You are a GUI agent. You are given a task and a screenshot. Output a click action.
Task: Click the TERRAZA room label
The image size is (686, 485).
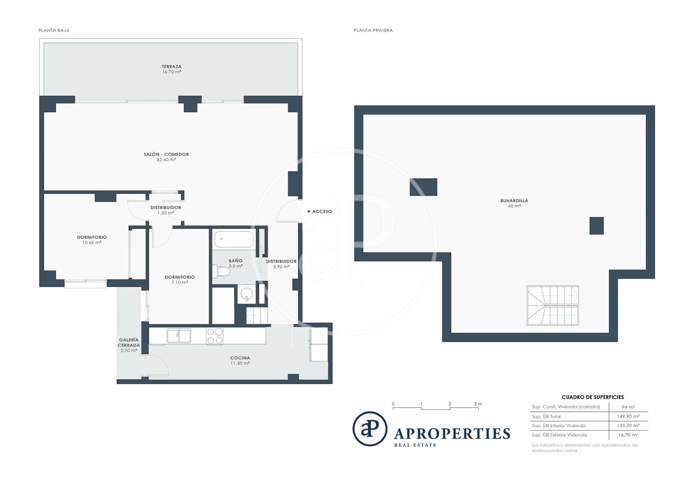[171, 67]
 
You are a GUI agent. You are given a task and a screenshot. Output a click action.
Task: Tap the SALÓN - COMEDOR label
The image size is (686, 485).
[166, 154]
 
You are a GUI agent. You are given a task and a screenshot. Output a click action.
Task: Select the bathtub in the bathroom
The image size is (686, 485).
[234, 239]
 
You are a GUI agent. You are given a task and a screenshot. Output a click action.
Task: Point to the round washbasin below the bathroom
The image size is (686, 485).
[246, 294]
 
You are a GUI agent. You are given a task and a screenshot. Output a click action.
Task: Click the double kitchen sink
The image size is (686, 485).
[179, 335]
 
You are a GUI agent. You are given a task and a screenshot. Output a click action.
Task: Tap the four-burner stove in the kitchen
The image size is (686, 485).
[215, 336]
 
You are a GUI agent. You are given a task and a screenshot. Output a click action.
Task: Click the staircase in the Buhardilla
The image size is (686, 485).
[553, 306]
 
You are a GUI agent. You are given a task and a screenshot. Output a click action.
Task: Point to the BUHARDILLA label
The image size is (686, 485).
[514, 201]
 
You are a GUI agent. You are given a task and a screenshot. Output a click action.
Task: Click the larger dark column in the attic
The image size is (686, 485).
[423, 187]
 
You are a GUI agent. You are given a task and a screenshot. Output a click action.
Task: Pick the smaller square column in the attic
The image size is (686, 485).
[597, 226]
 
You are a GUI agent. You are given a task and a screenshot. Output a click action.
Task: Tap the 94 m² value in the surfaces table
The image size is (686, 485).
[628, 407]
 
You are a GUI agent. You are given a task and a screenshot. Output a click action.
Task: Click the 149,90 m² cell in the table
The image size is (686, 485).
[628, 416]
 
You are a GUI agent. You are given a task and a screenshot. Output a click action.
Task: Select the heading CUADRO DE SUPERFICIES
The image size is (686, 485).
[592, 397]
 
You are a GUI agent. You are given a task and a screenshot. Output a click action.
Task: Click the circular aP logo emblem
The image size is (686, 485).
[370, 429]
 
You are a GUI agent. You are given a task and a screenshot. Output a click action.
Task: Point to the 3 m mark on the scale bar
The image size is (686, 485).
[478, 404]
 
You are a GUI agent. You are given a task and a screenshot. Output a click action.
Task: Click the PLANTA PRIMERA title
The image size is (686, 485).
[373, 30]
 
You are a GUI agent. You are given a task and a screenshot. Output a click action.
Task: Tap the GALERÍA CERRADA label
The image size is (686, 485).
[129, 342]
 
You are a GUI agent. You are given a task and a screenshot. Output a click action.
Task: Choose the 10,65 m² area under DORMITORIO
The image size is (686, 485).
[92, 242]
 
